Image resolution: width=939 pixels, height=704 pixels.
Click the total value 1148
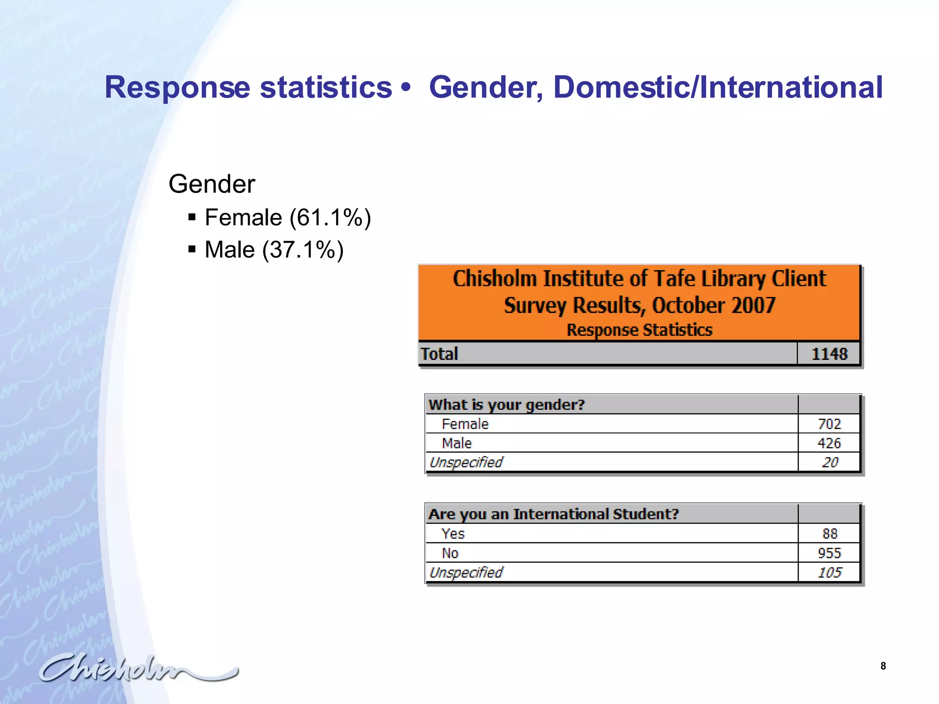[x=829, y=354]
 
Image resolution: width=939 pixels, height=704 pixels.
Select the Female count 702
[x=829, y=424]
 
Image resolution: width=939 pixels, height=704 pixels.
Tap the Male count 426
[x=829, y=443]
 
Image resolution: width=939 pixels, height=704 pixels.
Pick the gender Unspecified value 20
[x=830, y=462]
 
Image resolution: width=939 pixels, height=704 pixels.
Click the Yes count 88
[x=830, y=533]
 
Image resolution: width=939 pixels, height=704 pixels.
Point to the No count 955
[x=829, y=553]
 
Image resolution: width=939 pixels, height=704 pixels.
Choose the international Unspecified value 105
[x=829, y=572]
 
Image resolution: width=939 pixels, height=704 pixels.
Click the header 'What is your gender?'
[x=507, y=405]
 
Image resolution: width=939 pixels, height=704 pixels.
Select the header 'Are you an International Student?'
[x=553, y=514]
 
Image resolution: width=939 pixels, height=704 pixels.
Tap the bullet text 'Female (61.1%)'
[x=287, y=217]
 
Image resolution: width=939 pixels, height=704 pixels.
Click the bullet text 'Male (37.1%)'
[x=274, y=250]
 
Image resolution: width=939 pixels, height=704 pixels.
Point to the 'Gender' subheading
[x=211, y=184]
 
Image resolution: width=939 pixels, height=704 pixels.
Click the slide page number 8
[x=883, y=666]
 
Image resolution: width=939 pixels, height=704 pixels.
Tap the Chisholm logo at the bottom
[x=138, y=668]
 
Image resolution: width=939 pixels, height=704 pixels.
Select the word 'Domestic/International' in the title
[x=718, y=87]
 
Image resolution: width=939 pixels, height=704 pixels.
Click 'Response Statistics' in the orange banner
[x=639, y=330]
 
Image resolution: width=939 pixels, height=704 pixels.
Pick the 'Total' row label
[x=439, y=354]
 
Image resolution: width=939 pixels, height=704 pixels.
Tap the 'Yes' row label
[x=453, y=533]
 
